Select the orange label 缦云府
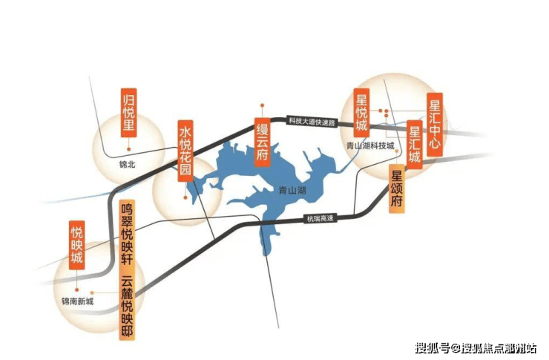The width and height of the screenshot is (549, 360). (261, 140)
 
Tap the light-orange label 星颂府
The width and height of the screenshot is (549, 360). (398, 189)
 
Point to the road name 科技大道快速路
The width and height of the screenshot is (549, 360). (312, 120)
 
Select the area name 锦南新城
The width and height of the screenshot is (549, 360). (77, 302)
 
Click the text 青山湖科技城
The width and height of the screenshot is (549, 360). (370, 146)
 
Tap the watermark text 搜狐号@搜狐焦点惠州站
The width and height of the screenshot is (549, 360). (479, 347)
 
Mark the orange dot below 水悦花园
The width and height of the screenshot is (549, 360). (185, 197)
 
